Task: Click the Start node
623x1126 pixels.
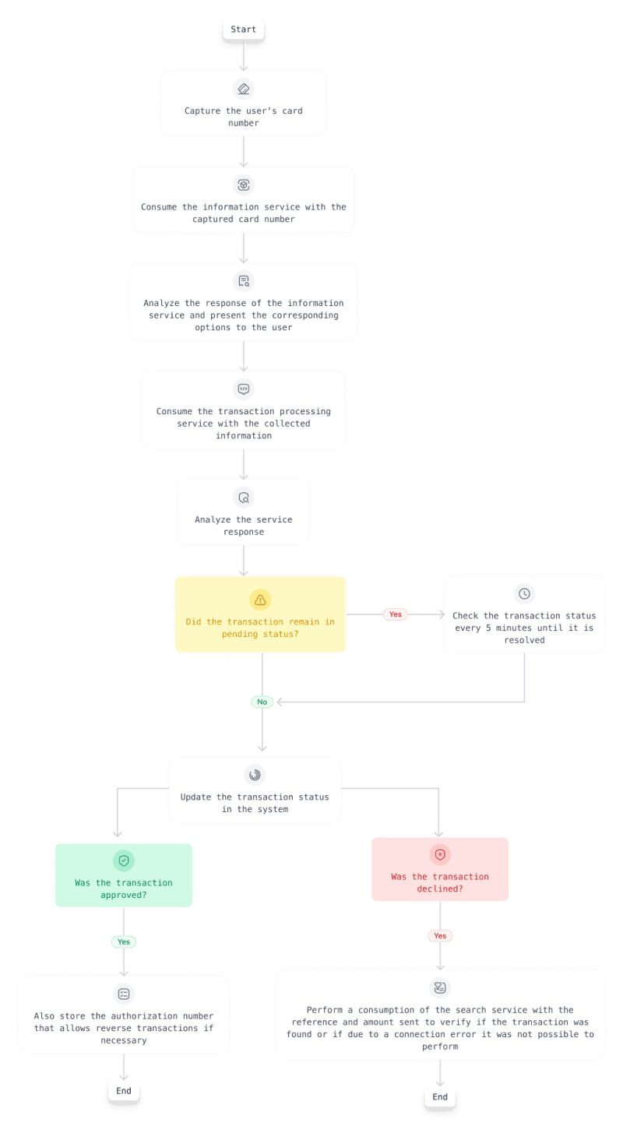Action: coord(243,30)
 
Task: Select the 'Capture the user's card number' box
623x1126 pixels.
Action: coord(243,108)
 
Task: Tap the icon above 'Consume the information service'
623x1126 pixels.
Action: coord(244,185)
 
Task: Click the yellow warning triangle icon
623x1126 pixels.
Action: coord(260,600)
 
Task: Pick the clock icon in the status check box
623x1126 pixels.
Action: coord(524,593)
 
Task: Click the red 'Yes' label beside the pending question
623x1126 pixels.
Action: coord(396,614)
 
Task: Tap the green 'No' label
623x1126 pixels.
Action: coord(262,702)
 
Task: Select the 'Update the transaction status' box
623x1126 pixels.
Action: coord(255,790)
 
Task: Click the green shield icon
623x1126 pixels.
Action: coord(124,860)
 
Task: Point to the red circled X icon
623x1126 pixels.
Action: coord(440,854)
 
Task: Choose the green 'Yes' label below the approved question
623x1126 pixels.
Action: coord(124,941)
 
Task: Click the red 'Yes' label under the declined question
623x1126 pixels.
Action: coord(440,935)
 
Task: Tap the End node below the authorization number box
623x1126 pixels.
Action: coord(124,1091)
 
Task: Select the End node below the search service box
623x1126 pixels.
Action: coord(440,1096)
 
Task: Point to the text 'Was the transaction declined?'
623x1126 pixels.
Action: coord(440,882)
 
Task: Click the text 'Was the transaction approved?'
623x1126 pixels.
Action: coord(124,888)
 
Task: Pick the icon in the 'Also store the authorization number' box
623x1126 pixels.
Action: coord(124,994)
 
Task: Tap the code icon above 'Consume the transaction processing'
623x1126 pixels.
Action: coord(244,389)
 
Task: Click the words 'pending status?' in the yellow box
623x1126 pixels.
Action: coord(260,634)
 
